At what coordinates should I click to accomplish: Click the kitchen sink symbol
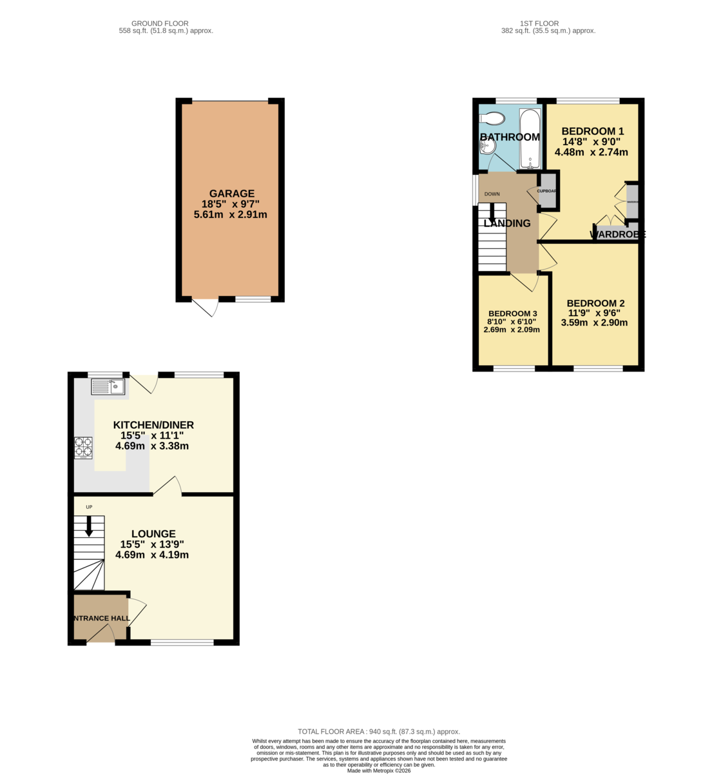tap(108, 386)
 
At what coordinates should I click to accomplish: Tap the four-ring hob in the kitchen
tap(83, 447)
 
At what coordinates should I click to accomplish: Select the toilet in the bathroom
tap(493, 119)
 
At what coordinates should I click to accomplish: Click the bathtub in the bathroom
tap(530, 139)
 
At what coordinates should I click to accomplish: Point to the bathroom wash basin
tap(487, 147)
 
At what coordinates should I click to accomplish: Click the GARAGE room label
tap(231, 193)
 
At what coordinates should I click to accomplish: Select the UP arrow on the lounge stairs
tap(89, 525)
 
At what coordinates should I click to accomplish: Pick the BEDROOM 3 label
tap(512, 313)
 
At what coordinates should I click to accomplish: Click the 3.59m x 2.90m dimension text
tap(594, 322)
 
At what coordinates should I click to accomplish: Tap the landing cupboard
tap(548, 192)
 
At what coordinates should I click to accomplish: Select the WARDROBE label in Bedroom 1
tap(617, 235)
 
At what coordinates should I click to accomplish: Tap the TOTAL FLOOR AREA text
tap(378, 731)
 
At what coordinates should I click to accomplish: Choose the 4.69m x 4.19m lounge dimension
tap(152, 555)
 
